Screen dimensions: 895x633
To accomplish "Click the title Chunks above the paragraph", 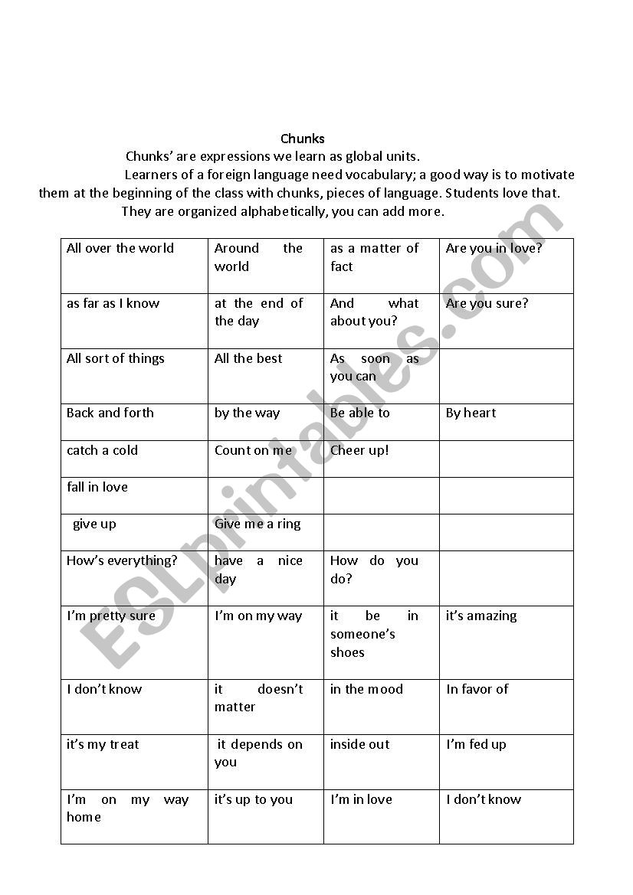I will (x=303, y=139).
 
